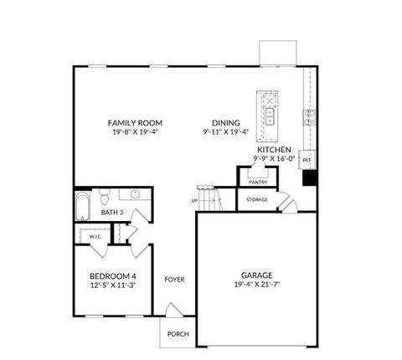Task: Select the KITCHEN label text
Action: [275, 149]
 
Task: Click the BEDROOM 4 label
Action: [113, 276]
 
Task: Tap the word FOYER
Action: [174, 280]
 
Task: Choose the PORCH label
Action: [178, 334]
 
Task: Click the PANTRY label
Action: [257, 181]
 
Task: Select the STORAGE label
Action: [257, 199]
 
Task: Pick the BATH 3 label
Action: [113, 213]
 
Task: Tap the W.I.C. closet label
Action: [95, 237]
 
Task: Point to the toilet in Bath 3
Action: [105, 198]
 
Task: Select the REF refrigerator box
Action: [307, 159]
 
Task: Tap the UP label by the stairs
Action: [194, 201]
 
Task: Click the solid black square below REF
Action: [308, 177]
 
